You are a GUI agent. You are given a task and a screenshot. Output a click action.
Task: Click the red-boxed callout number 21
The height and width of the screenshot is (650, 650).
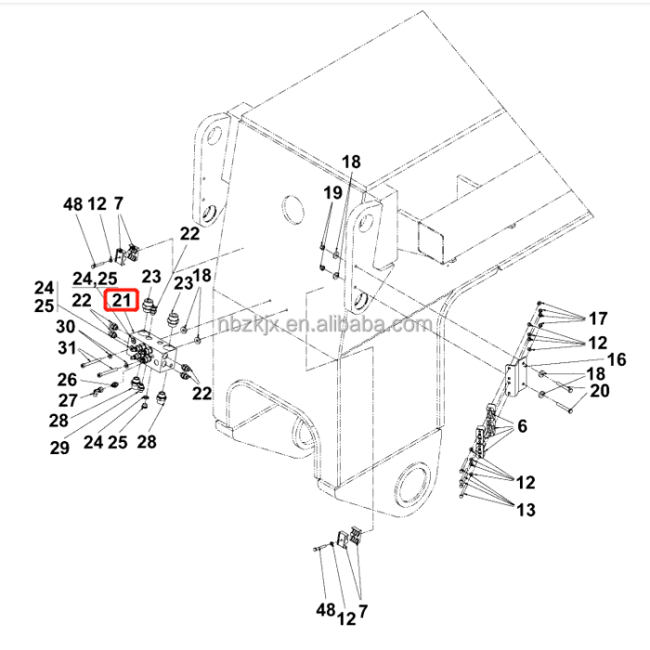(x=123, y=300)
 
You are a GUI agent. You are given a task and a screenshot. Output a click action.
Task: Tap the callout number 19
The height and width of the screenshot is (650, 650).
(x=332, y=192)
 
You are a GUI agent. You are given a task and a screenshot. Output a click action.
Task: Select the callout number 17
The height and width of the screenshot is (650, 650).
(x=596, y=319)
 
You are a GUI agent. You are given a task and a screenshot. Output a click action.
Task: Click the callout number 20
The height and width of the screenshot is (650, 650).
(x=600, y=391)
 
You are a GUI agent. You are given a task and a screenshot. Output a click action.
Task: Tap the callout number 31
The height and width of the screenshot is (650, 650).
(x=65, y=348)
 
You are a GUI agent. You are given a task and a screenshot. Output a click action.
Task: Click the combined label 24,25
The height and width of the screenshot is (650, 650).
(x=96, y=278)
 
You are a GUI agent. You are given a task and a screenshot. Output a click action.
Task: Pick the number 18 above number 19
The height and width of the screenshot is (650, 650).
(x=350, y=162)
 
